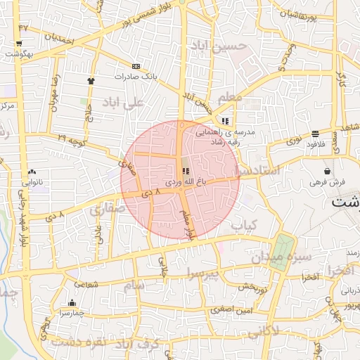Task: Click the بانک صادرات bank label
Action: point(134,76)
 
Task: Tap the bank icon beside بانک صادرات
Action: point(136,66)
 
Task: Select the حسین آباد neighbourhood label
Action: point(219,46)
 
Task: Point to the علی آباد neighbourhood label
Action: point(122,103)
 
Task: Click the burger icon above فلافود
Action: point(314,134)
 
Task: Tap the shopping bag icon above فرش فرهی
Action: point(328,171)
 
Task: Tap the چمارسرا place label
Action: point(72,311)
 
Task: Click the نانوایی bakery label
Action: point(32,181)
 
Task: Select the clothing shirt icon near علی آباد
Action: point(91,81)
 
